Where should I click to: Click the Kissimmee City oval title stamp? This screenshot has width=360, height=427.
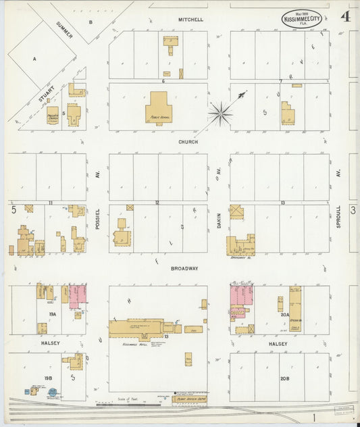pyautogui.click(x=301, y=18)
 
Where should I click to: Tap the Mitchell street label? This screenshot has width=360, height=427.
pyautogui.click(x=190, y=20)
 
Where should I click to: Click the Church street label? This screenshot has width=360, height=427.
pyautogui.click(x=188, y=142)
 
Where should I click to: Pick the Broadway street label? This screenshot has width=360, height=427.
pyautogui.click(x=185, y=268)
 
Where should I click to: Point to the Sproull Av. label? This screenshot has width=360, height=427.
pyautogui.click(x=338, y=218)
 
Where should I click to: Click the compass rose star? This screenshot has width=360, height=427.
pyautogui.click(x=220, y=114)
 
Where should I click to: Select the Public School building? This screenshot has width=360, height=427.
pyautogui.click(x=159, y=109)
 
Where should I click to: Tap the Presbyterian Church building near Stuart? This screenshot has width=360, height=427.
pyautogui.click(x=53, y=116)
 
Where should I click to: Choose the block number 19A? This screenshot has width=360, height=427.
pyautogui.click(x=53, y=314)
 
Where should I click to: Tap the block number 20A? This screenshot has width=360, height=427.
pyautogui.click(x=285, y=314)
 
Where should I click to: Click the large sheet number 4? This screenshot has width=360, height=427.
pyautogui.click(x=345, y=17)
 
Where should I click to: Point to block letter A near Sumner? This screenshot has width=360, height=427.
pyautogui.click(x=34, y=59)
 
